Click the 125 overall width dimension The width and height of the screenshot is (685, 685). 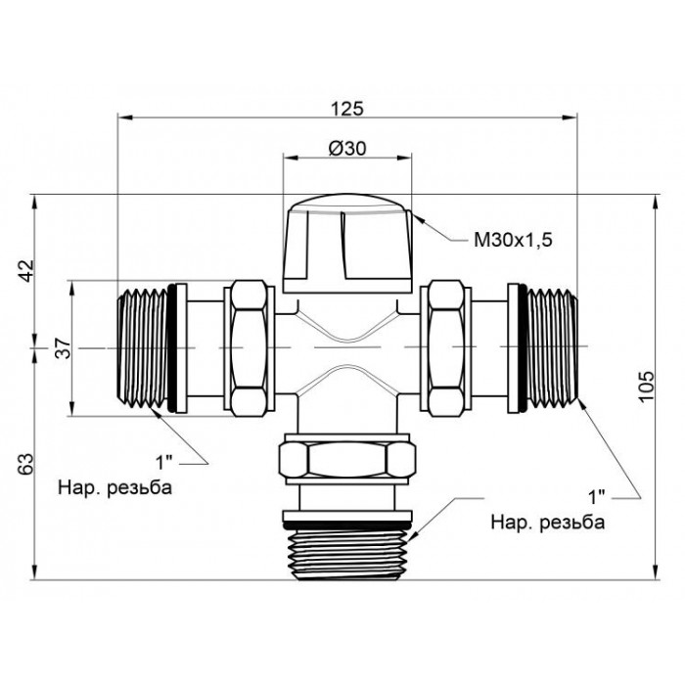click(x=346, y=109)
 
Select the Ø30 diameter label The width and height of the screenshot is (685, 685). click(x=347, y=149)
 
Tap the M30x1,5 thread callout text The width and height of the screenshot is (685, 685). click(x=513, y=240)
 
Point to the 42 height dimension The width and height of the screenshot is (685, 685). click(x=27, y=271)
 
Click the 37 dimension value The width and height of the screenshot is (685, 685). click(x=65, y=348)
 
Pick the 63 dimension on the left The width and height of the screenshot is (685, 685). click(x=26, y=465)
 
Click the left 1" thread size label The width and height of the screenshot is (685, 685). click(x=164, y=462)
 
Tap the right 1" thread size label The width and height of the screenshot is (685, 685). click(x=597, y=497)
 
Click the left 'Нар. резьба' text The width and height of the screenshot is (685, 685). click(x=114, y=487)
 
